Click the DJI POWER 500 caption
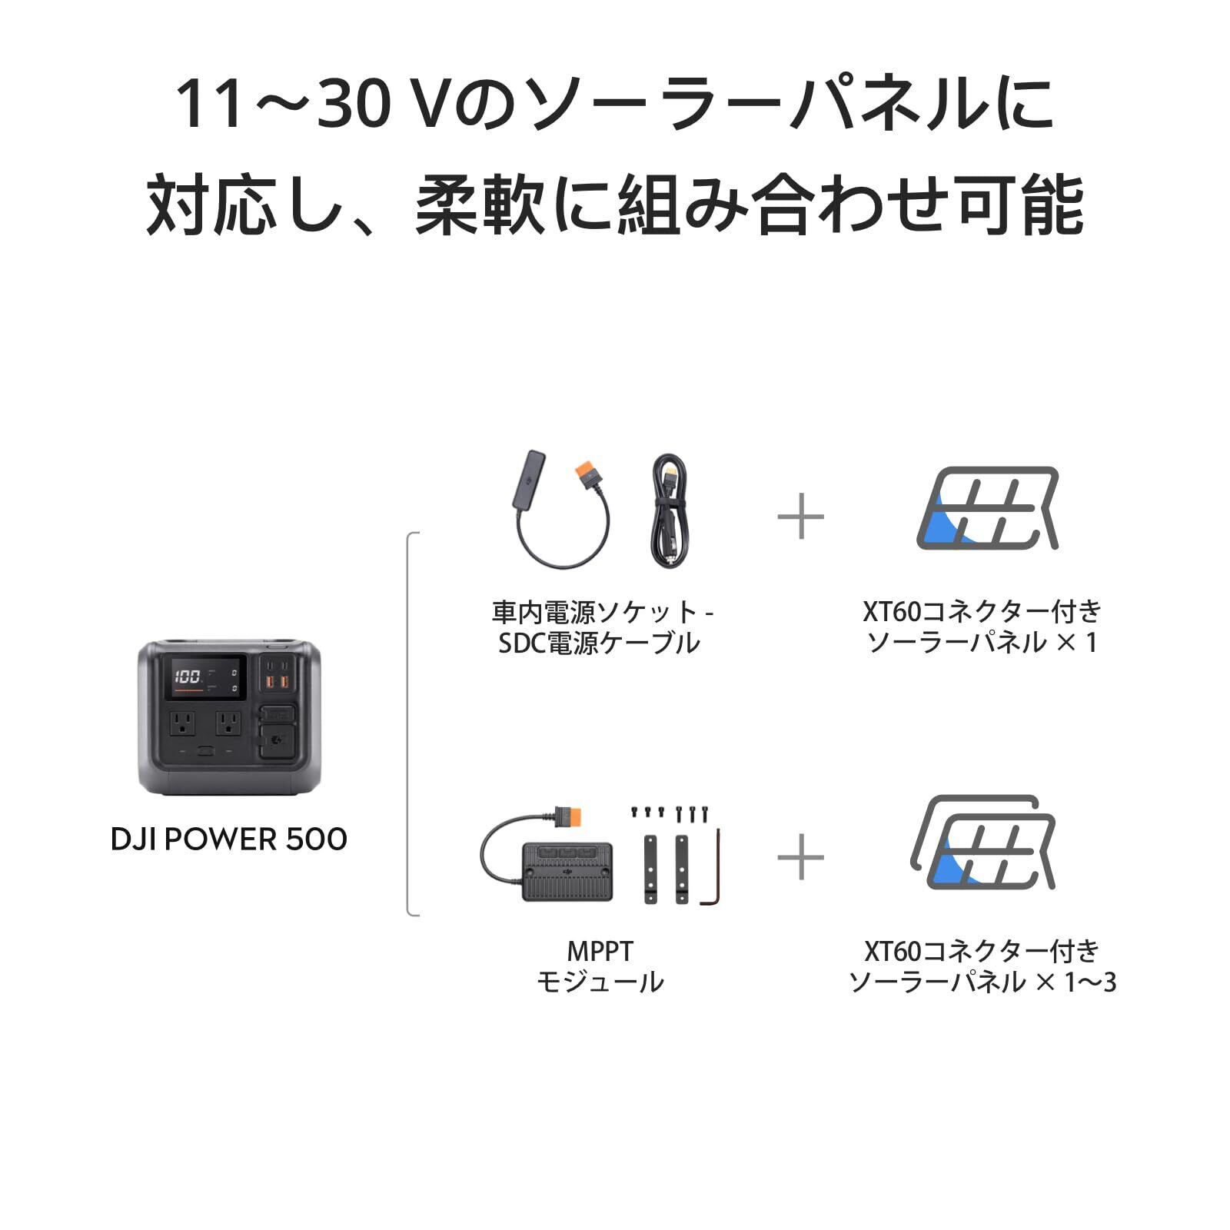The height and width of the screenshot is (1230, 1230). [x=229, y=839]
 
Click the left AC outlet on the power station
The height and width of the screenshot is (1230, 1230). [x=183, y=723]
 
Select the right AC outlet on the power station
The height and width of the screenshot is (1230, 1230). [x=228, y=723]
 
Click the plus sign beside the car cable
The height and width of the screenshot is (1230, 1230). [x=800, y=516]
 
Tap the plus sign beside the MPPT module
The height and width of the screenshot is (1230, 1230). [x=800, y=856]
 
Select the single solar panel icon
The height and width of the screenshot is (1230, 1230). [x=988, y=507]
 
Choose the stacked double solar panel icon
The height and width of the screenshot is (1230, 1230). [x=984, y=843]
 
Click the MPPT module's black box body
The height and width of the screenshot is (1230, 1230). [x=567, y=870]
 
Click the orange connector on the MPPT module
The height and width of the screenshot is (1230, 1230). [x=570, y=815]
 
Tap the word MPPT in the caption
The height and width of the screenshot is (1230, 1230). [x=600, y=952]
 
